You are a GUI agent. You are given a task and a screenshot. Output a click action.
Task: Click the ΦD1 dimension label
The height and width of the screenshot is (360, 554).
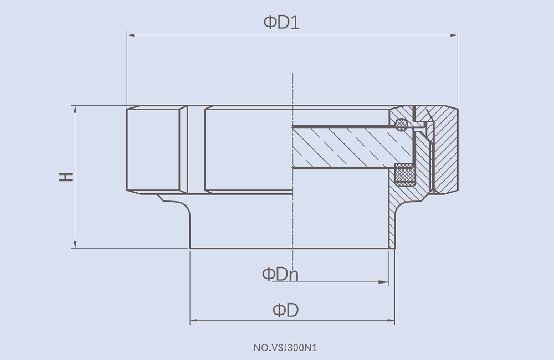click(281, 23)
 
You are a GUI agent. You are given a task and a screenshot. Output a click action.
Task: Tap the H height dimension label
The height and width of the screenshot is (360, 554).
click(66, 177)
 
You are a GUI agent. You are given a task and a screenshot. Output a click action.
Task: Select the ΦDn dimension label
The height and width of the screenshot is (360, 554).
click(280, 274)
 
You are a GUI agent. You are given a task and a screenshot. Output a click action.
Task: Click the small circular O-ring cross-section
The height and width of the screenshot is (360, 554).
click(402, 125)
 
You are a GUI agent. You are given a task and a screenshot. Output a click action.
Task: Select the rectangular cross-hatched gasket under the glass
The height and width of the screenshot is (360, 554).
click(405, 174)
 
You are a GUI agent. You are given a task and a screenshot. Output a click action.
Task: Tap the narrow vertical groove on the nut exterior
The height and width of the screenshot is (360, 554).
click(188, 150)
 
